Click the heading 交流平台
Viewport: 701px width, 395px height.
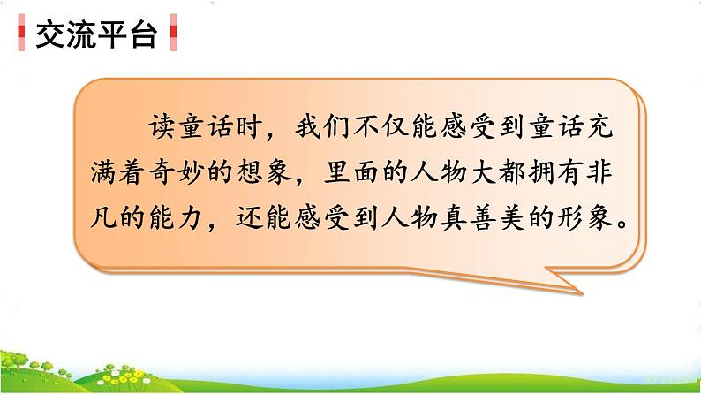click(x=96, y=34)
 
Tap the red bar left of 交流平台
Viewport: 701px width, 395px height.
click(x=21, y=32)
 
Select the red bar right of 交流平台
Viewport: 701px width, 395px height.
click(x=173, y=32)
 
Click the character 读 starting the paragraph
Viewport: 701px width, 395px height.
click(x=162, y=126)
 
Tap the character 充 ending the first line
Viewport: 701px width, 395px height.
click(x=599, y=126)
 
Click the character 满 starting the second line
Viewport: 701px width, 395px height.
click(x=103, y=172)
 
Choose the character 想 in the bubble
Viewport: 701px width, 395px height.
click(x=250, y=172)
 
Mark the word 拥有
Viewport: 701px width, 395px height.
click(x=555, y=172)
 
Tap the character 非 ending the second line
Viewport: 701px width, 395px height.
click(x=599, y=172)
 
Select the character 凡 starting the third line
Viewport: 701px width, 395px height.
click(x=103, y=218)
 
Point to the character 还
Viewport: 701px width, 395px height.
click(x=250, y=218)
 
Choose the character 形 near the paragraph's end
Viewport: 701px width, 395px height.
click(x=570, y=218)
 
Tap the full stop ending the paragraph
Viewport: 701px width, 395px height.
click(x=622, y=224)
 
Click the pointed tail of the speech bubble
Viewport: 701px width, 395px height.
click(x=582, y=293)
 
